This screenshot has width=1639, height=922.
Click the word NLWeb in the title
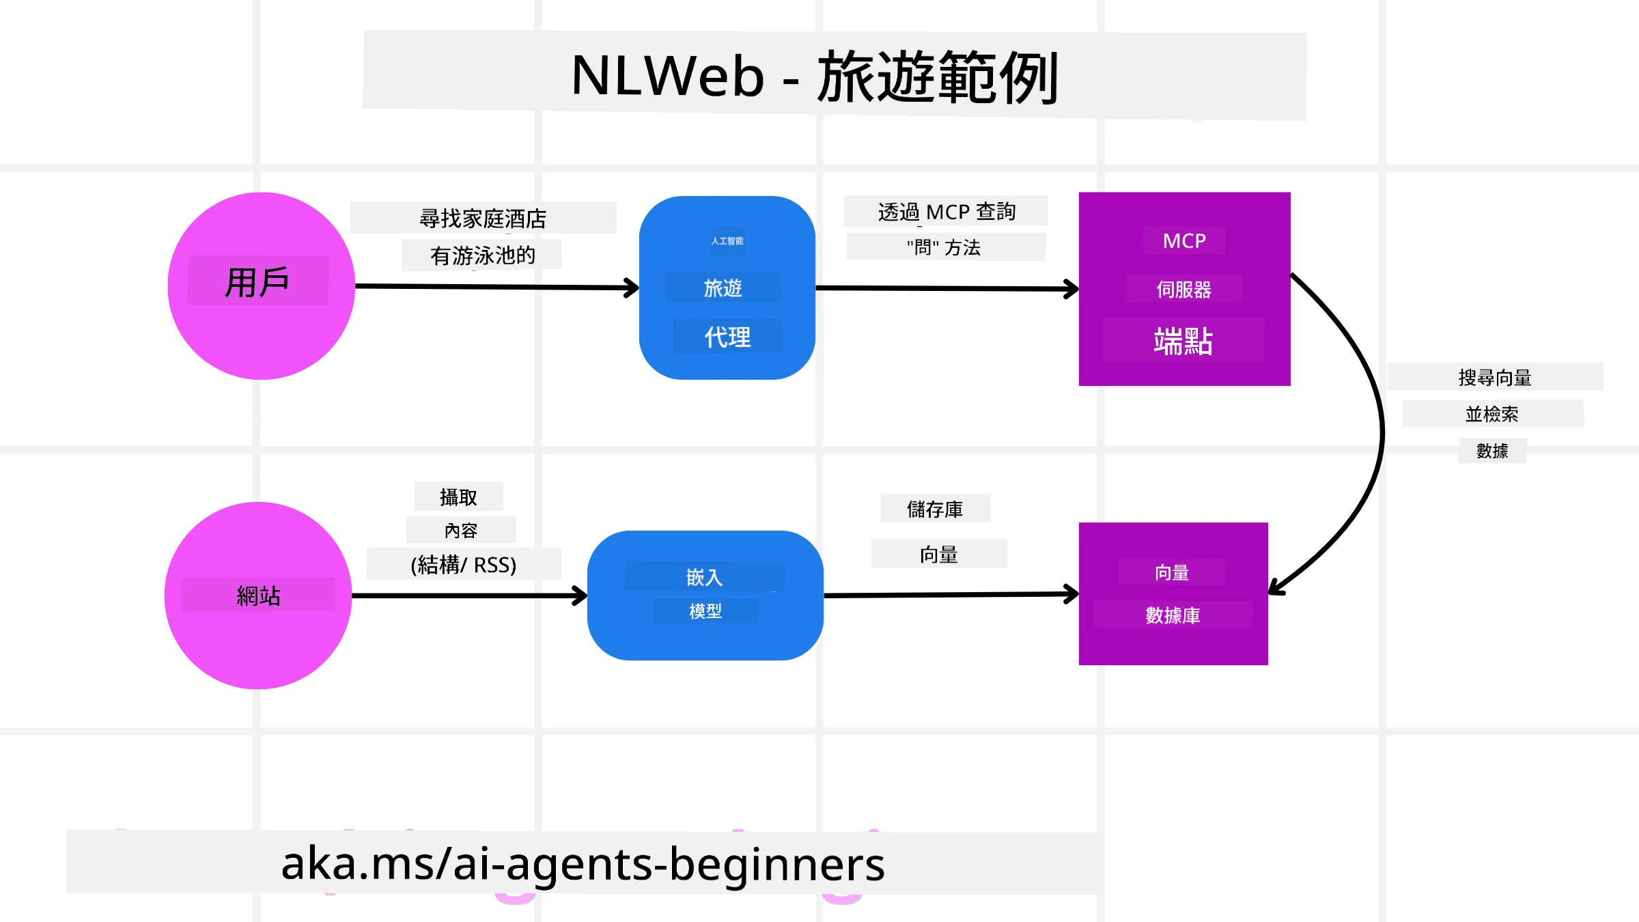tap(667, 76)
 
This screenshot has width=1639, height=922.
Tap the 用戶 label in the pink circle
tap(257, 282)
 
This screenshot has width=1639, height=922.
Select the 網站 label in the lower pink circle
tap(258, 596)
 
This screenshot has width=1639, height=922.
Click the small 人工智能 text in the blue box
tap(727, 241)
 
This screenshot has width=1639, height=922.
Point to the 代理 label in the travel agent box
tap(727, 337)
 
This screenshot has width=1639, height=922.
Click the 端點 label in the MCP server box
tap(1183, 341)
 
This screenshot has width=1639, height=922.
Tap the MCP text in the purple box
tap(1184, 241)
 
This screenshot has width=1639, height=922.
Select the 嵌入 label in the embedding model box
tap(704, 578)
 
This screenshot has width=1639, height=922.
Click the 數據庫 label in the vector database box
tap(1173, 615)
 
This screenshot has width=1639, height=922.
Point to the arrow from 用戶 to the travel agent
tap(496, 287)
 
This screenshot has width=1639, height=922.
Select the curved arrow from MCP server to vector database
tap(1379, 430)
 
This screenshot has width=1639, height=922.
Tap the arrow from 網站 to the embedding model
tap(468, 596)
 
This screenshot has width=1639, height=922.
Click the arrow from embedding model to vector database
tap(949, 595)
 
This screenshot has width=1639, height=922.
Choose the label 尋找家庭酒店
tap(483, 219)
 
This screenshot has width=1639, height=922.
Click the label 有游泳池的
tap(482, 255)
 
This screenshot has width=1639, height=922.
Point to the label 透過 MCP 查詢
tap(947, 212)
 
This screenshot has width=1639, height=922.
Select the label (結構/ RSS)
tap(464, 565)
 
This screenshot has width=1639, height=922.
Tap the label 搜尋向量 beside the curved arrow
tap(1495, 377)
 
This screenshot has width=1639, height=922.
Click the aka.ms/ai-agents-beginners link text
tap(583, 863)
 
